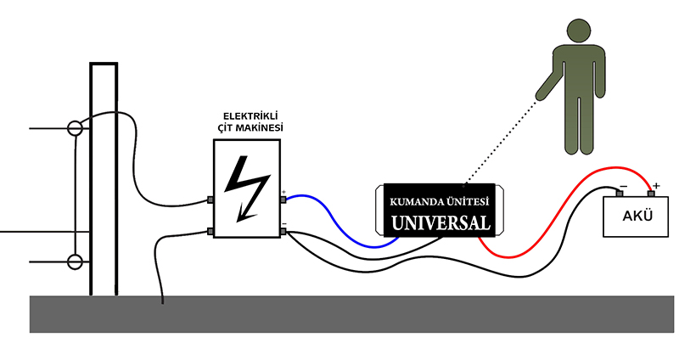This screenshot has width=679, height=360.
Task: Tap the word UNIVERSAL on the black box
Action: coord(441,222)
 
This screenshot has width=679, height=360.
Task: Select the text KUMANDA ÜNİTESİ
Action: coord(439,202)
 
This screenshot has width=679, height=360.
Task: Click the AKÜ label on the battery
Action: coord(637,216)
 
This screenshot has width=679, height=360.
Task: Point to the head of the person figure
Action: coord(579,31)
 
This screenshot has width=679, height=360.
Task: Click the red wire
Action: coord(558,207)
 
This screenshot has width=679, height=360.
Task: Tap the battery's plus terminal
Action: coord(651,194)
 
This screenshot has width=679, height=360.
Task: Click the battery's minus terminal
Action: coord(620,194)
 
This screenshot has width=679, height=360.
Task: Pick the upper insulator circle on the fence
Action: coord(75,128)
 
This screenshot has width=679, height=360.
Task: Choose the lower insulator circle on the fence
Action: coord(75,262)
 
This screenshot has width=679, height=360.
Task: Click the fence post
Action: coord(104,179)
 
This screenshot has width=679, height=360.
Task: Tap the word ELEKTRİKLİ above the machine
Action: coord(250,116)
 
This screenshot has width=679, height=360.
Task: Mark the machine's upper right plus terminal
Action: coord(283,200)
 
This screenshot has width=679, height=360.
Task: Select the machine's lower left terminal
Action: coord(210,232)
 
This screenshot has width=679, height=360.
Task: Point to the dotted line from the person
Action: coord(500,143)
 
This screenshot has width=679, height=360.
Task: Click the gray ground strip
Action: coord(351,314)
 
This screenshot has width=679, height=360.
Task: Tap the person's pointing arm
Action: coord(547,84)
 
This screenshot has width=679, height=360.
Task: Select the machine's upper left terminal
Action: coord(210,200)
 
